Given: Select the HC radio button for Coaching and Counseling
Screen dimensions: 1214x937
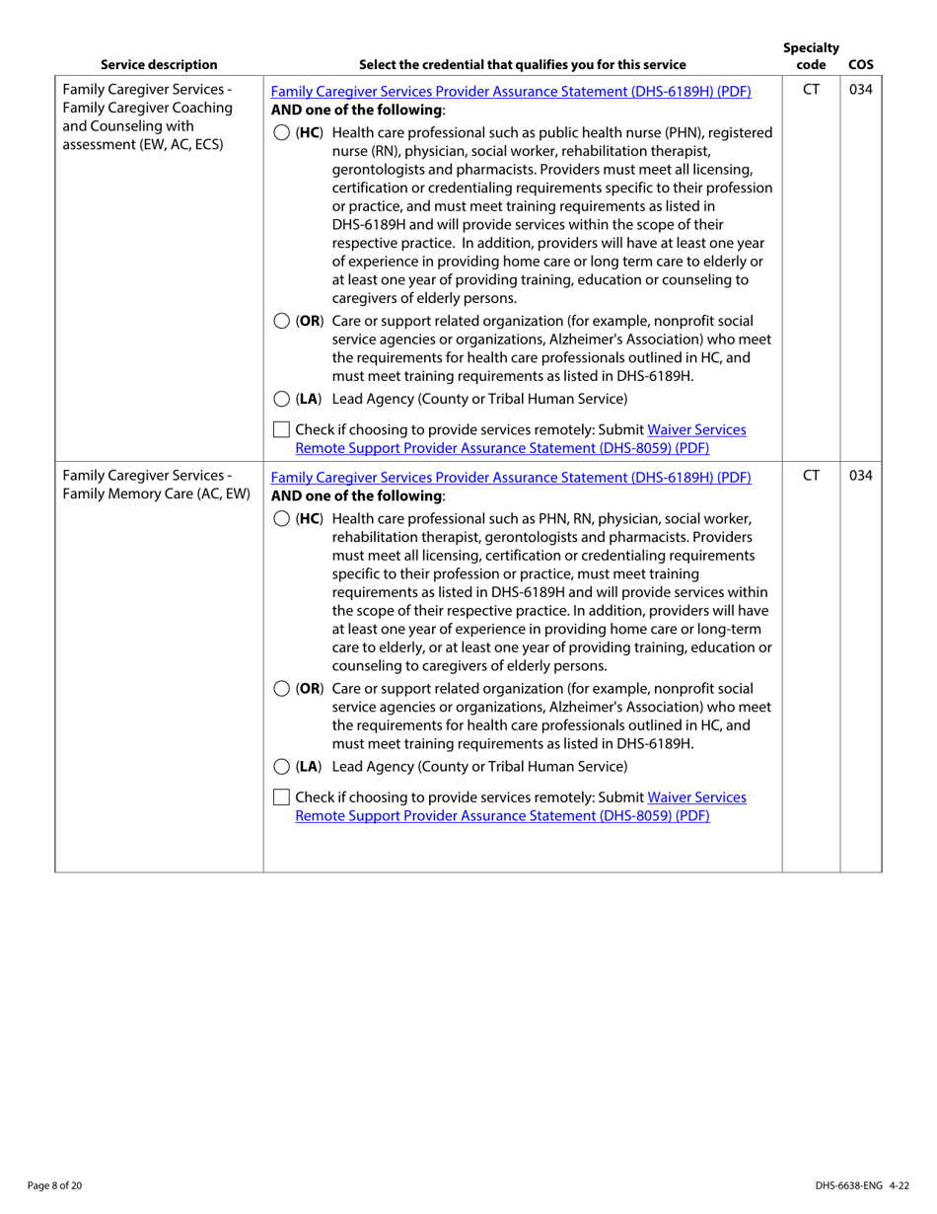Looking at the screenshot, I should coord(281,132).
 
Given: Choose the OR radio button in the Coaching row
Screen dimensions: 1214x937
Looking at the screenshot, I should coord(281,321).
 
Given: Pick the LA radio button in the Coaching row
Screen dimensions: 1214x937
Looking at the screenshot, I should coord(281,399).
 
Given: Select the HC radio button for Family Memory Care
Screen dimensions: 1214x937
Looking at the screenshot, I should coord(281,519).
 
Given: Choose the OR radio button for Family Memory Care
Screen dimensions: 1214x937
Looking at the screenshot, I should coord(281,688).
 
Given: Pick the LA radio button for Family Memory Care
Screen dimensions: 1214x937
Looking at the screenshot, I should coord(281,766).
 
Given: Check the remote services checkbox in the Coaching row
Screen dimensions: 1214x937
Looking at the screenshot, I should coord(281,430).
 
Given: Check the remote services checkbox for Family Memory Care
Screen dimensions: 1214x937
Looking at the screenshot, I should coord(281,797).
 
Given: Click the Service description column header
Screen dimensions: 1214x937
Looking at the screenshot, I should coord(159,65).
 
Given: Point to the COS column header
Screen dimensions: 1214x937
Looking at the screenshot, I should coord(860,65).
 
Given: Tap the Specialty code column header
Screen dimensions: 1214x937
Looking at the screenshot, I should coord(811,56).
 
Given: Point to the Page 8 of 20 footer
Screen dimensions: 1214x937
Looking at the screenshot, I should coord(54,1185).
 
